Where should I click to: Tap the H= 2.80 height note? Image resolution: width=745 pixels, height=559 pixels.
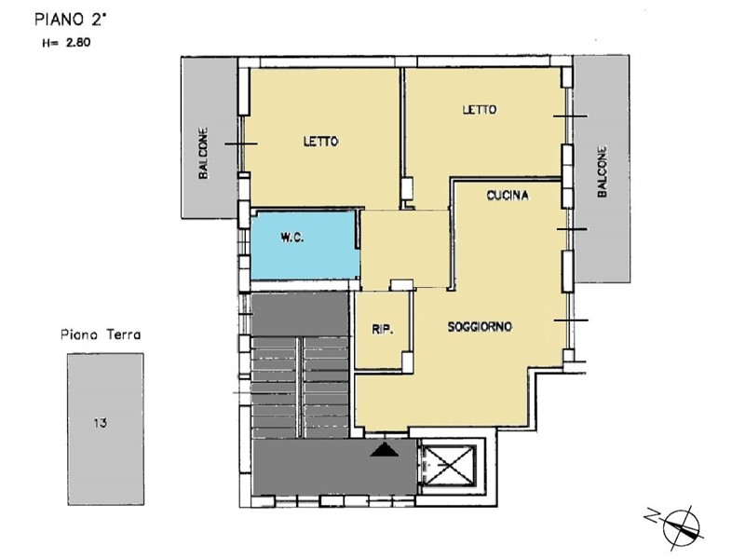pos(66,43)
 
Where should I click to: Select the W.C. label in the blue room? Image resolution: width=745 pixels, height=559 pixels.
pos(292,239)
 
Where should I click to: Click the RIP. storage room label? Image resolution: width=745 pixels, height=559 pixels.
pos(383,330)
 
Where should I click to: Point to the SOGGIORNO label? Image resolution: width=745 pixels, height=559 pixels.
pos(480,327)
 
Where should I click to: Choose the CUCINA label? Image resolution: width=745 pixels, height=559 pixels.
pos(508,196)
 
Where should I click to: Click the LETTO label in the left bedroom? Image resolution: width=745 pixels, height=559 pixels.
pos(321,142)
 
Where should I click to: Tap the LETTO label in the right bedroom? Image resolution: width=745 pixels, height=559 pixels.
pos(480,109)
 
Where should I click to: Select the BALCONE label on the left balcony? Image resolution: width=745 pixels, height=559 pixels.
pos(203,153)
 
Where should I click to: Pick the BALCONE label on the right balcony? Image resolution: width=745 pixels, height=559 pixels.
pos(602,171)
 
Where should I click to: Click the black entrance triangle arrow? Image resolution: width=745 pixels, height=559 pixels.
pos(385,450)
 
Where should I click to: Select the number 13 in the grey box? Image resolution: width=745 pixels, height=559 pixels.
pos(101,423)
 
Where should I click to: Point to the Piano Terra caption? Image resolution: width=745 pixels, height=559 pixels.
pos(101,334)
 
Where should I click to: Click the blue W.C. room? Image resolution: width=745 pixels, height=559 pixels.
pos(305,245)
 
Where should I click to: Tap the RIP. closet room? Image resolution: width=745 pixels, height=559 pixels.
pos(383,330)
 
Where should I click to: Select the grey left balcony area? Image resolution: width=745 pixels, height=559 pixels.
pos(209,138)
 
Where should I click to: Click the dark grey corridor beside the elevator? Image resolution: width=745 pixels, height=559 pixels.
pos(334,468)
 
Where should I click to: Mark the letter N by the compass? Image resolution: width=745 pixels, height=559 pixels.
pos(652,515)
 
